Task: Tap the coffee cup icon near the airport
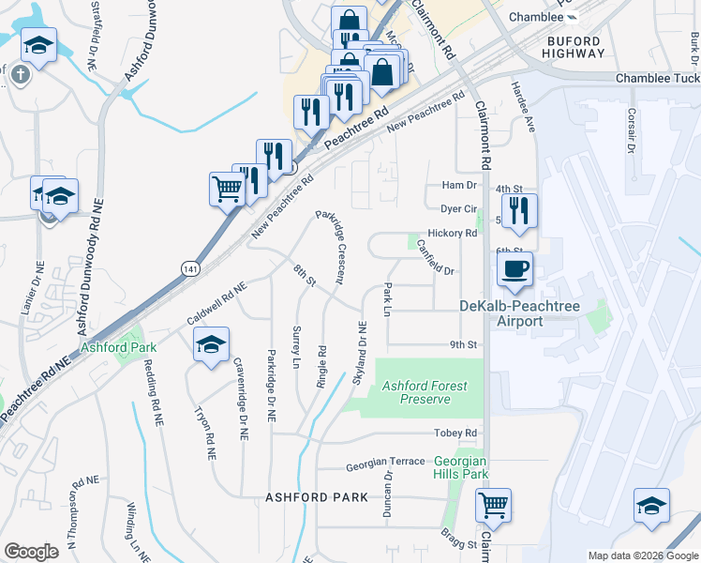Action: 515,269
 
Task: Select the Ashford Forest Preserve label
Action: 425,392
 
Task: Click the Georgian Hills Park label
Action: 461,467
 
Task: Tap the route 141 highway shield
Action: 189,268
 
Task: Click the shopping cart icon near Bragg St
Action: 493,507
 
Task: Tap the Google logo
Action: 31,551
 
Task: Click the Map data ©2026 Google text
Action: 642,555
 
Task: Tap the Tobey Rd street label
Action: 455,433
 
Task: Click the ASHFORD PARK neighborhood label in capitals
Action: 316,496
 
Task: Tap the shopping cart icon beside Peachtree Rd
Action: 228,188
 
